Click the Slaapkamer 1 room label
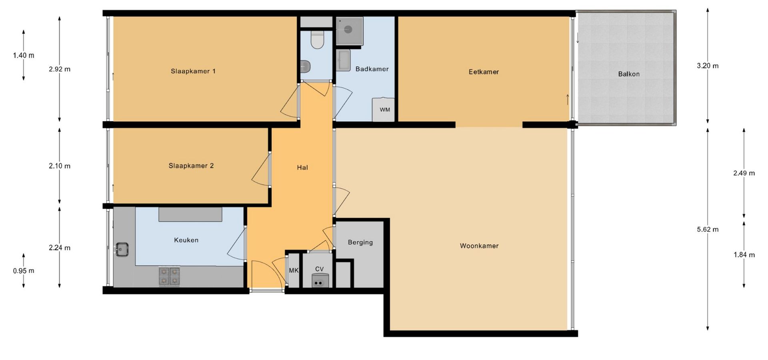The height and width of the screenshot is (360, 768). click(193, 71)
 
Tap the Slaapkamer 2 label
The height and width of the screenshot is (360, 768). click(191, 166)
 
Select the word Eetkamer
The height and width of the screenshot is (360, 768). click(484, 72)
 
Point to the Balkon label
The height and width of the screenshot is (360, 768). click(629, 74)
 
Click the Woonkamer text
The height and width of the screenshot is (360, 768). click(479, 246)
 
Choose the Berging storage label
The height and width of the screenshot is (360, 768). click(360, 242)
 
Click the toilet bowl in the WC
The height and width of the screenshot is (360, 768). click(317, 40)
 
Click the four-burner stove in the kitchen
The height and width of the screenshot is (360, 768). click(169, 276)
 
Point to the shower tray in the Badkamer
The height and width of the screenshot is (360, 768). click(349, 31)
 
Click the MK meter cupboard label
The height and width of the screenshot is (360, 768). click(294, 270)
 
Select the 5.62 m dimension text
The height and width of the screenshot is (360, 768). click(708, 230)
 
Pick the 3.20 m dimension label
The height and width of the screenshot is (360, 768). click(708, 66)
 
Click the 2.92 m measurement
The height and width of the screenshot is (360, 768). click(60, 69)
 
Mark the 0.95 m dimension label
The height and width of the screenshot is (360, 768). click(24, 271)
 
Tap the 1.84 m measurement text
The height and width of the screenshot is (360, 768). click(744, 255)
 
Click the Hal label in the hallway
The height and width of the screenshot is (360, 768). click(302, 168)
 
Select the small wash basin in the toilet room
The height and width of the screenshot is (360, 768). click(306, 66)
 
